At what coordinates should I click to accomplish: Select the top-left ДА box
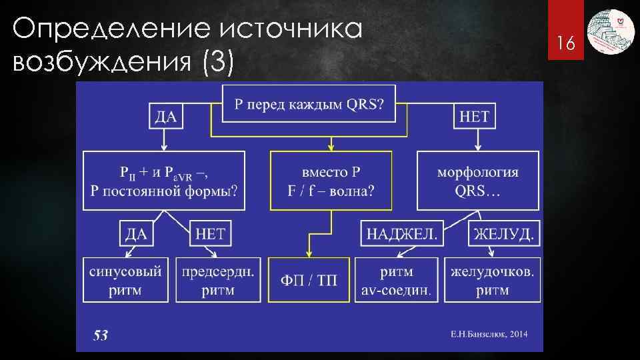[165, 117]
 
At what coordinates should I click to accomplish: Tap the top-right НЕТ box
[475, 117]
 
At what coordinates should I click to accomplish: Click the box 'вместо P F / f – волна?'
[331, 181]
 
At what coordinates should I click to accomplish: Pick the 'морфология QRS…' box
[477, 181]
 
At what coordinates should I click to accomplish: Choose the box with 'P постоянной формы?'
[163, 181]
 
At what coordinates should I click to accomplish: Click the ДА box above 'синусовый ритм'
[137, 233]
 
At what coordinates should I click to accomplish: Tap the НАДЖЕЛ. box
[402, 233]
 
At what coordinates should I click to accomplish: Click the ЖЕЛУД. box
[504, 233]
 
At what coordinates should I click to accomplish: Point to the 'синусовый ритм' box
[125, 280]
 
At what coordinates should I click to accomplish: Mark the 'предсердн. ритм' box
[217, 280]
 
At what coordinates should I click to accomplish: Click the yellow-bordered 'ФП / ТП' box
[309, 280]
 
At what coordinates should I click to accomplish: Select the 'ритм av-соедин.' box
[397, 280]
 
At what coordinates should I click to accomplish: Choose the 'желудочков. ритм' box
[492, 280]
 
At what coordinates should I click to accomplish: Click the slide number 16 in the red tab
[566, 44]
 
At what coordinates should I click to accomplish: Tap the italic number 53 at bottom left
[100, 335]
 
